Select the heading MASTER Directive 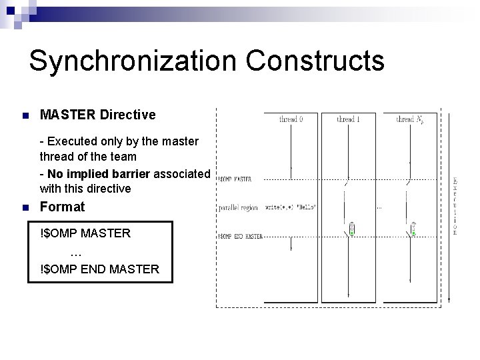click(98, 115)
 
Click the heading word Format click(63, 207)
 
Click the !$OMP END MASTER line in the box click(100, 269)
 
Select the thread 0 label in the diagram click(291, 119)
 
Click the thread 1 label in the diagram click(348, 119)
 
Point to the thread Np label click(410, 119)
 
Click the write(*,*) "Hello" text click(291, 207)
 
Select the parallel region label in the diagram click(237, 208)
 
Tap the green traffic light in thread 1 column click(351, 229)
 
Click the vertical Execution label click(455, 207)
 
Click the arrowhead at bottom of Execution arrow click(451, 298)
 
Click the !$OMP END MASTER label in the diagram click(241, 236)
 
